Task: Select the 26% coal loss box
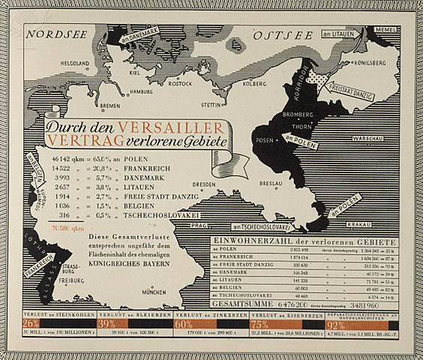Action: coord(31,325)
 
